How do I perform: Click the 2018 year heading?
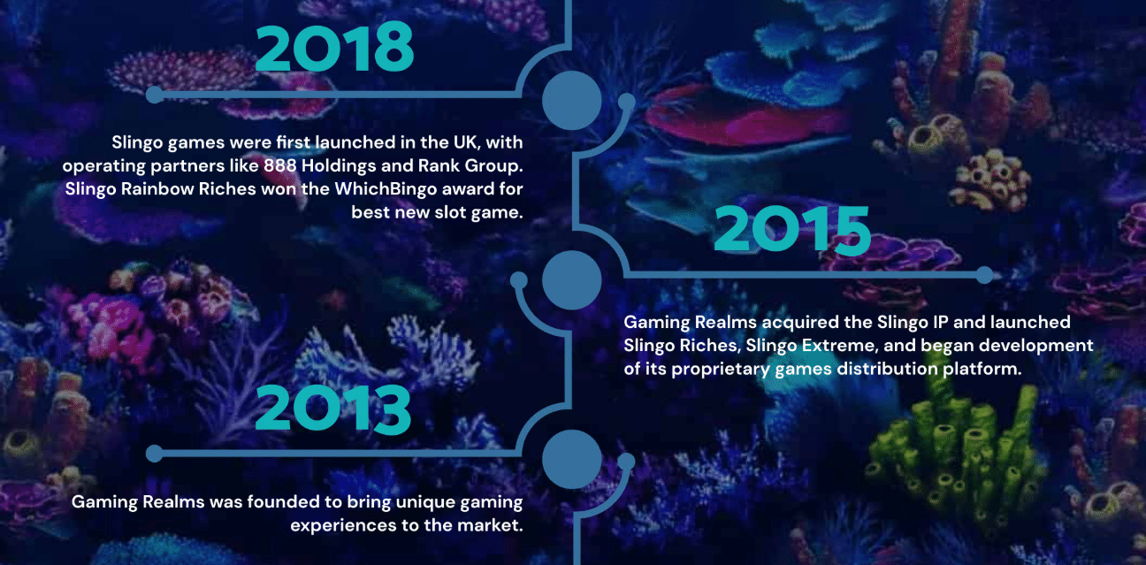tap(334, 47)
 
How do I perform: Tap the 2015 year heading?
tap(792, 229)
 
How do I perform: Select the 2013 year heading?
tap(333, 408)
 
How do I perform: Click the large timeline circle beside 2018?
tap(571, 100)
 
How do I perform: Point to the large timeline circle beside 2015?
tap(571, 280)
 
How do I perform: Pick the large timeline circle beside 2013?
tap(571, 459)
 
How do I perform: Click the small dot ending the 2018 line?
tap(154, 95)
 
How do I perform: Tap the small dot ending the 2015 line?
tap(984, 275)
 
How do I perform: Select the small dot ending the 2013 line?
tap(154, 454)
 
